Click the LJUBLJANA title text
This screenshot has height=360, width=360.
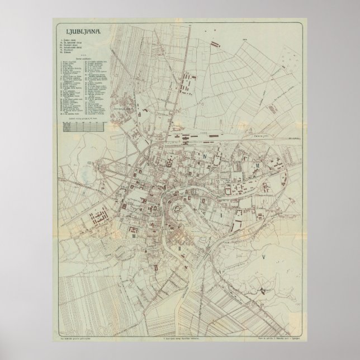click(x=83, y=32)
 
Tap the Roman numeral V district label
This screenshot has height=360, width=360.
click(x=263, y=257)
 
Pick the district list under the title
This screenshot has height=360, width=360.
click(x=75, y=47)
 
